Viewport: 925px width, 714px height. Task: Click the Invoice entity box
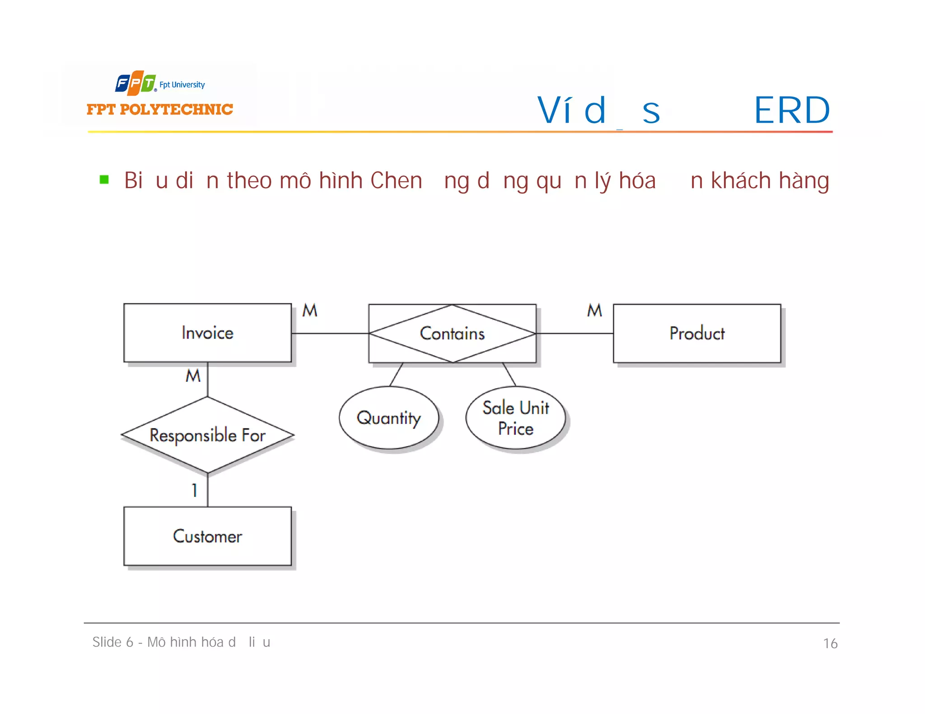pyautogui.click(x=207, y=333)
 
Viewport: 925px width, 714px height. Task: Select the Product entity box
pyautogui.click(x=696, y=333)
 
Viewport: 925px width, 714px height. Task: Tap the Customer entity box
pyautogui.click(x=207, y=536)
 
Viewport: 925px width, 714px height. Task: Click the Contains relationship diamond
pyautogui.click(x=452, y=333)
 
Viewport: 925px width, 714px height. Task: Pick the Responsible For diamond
pyautogui.click(x=207, y=435)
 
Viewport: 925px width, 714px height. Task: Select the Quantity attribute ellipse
pyautogui.click(x=388, y=417)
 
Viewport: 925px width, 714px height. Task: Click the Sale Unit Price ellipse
pyautogui.click(x=515, y=417)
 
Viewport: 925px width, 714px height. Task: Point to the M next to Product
pyautogui.click(x=594, y=310)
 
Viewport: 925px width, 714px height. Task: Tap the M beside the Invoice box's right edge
pyautogui.click(x=310, y=310)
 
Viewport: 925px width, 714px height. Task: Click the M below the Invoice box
pyautogui.click(x=193, y=376)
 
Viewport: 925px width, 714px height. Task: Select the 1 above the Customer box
pyautogui.click(x=195, y=490)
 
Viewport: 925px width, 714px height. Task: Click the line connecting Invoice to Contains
pyautogui.click(x=330, y=333)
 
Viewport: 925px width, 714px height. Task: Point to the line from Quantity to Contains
pyautogui.click(x=396, y=374)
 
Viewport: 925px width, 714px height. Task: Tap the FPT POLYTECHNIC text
pyautogui.click(x=159, y=109)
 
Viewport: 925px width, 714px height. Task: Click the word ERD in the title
pyautogui.click(x=792, y=110)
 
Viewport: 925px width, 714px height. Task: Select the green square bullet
pyautogui.click(x=104, y=180)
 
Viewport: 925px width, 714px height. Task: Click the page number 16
pyautogui.click(x=830, y=643)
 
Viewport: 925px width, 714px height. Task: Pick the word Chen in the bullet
pyautogui.click(x=396, y=181)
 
